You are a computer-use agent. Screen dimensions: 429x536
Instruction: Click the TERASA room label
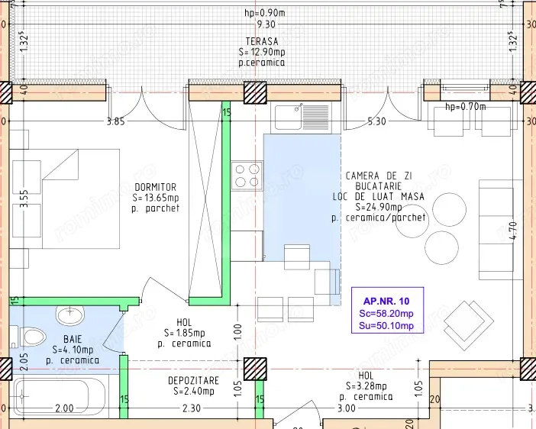[261, 41]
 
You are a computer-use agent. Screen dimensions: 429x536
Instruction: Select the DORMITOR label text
[155, 187]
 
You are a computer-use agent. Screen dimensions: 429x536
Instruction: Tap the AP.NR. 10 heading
[386, 301]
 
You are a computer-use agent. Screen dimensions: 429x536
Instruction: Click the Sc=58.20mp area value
[386, 313]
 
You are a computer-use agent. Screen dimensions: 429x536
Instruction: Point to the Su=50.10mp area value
[386, 326]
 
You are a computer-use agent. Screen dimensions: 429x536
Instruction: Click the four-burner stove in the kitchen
[247, 176]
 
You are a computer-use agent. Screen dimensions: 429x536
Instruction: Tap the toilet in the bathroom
[26, 336]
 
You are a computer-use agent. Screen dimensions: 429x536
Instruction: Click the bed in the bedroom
[69, 198]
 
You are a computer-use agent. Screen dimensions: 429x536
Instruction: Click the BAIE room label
[73, 339]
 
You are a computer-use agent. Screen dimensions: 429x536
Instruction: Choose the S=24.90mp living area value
[378, 207]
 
